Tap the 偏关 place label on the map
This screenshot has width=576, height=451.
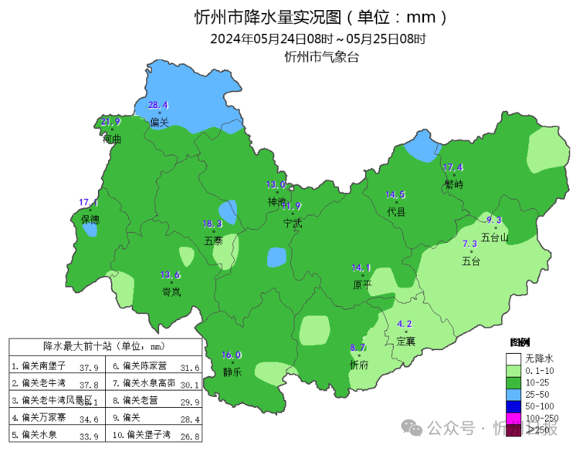(159, 122)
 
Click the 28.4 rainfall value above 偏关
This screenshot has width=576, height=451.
(158, 105)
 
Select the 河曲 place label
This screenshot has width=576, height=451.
(112, 138)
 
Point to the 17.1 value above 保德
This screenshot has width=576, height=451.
(89, 202)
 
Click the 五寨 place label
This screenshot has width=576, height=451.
(214, 241)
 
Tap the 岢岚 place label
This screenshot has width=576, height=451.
(171, 291)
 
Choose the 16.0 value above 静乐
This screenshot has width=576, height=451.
(231, 355)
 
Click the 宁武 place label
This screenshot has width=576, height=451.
(292, 223)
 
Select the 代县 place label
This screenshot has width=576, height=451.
(396, 212)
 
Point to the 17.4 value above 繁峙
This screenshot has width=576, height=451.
(453, 168)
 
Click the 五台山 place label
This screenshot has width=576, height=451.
(495, 236)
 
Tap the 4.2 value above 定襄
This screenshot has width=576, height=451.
(405, 324)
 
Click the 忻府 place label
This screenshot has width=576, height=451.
(359, 365)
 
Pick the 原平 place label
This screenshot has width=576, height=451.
(361, 285)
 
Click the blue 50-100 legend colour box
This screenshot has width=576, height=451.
(513, 406)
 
